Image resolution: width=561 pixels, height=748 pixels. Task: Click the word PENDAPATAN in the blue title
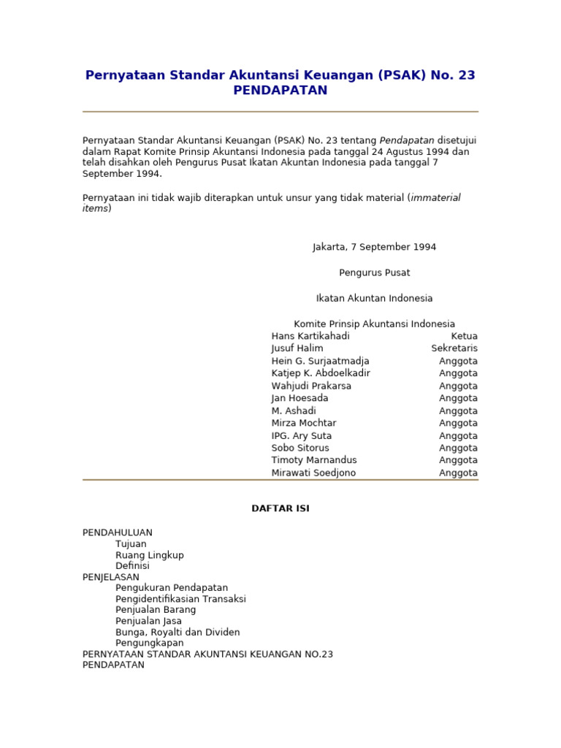280,91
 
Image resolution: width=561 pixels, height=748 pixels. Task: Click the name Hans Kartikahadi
310,336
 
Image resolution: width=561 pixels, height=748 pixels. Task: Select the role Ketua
464,336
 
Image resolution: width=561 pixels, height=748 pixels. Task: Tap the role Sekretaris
454,348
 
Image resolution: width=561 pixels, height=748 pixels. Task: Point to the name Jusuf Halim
297,348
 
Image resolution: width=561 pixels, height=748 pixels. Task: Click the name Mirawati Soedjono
314,473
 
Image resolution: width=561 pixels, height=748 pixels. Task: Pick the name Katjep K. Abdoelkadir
321,373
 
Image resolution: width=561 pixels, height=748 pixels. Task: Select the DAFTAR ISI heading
280,508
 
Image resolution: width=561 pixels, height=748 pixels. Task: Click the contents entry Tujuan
131,544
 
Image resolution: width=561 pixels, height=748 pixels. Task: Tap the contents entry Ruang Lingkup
150,555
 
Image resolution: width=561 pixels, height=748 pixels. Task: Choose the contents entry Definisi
132,566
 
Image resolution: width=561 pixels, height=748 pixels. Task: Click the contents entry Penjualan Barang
156,610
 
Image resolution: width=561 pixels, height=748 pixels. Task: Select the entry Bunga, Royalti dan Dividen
178,632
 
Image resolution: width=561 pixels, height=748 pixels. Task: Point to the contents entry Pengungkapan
150,643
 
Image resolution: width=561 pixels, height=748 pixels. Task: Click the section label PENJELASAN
111,577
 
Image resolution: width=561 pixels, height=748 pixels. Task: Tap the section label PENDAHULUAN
118,533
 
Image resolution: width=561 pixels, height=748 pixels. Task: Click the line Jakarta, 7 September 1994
375,247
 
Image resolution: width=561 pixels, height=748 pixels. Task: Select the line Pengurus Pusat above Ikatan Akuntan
375,272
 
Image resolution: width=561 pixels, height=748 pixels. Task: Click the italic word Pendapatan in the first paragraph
407,140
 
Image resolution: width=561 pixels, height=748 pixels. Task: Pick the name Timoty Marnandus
314,460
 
